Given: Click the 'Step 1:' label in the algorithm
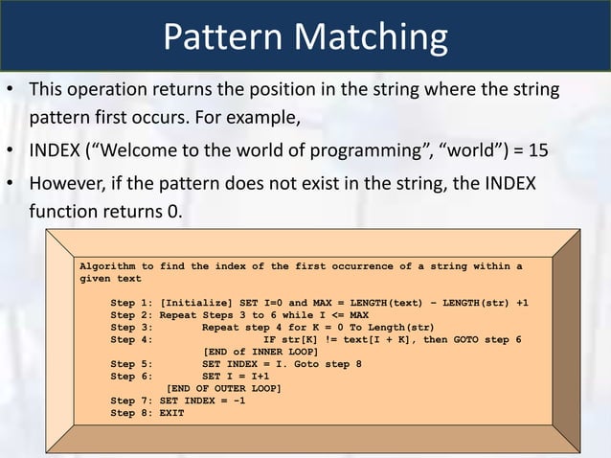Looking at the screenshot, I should click(x=132, y=303).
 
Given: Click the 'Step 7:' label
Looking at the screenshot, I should click(x=132, y=401).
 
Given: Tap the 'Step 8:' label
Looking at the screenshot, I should click(x=132, y=414).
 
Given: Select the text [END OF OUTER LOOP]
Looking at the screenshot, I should click(x=224, y=389).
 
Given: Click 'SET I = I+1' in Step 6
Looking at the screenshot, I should click(x=236, y=377).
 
